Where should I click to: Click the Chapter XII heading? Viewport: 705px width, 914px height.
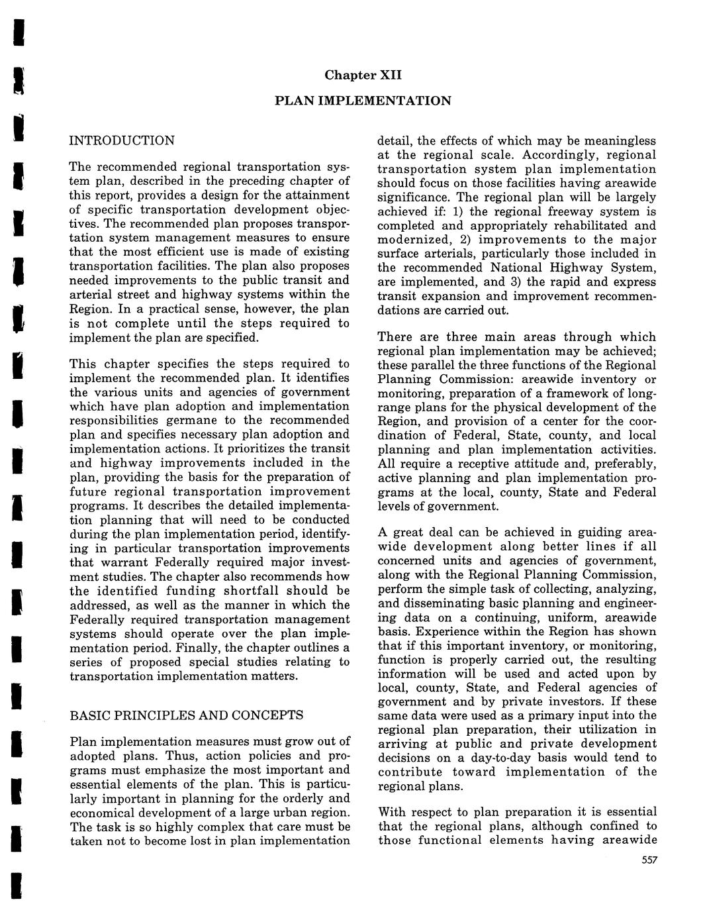363,75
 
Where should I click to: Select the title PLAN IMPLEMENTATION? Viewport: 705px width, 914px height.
363,101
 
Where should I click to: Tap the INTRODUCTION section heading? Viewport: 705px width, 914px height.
122,140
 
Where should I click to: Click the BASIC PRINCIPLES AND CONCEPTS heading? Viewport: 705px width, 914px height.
187,715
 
